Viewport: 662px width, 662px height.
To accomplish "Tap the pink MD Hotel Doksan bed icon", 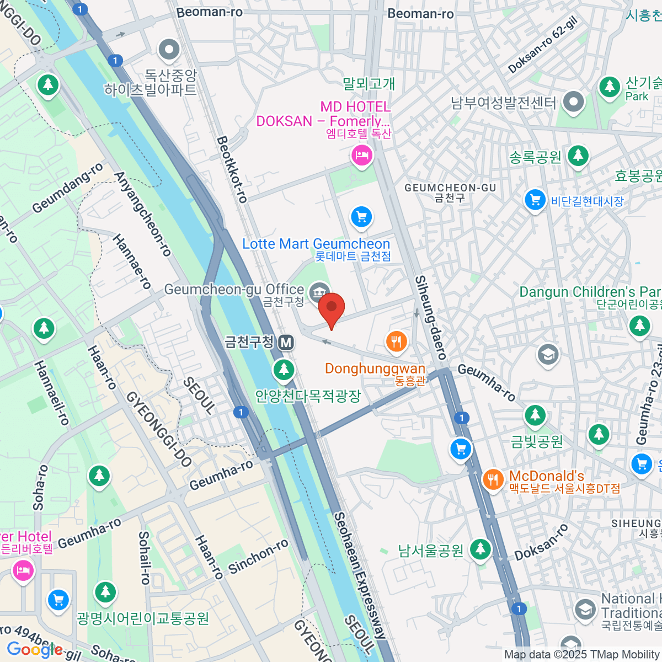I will click(x=362, y=155).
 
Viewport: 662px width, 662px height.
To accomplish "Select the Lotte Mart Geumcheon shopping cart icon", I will click(x=361, y=217).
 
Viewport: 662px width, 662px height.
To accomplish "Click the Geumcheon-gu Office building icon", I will click(x=319, y=291).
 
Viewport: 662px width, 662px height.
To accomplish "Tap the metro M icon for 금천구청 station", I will click(x=286, y=343).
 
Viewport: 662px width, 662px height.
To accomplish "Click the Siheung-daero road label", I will click(x=430, y=317).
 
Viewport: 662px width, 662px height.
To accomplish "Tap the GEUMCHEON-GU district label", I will click(x=450, y=188).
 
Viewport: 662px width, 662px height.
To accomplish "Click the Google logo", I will click(x=34, y=650).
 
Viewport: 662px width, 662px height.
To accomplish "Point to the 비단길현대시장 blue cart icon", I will click(x=535, y=200).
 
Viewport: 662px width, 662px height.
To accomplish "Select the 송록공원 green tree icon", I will click(x=578, y=156).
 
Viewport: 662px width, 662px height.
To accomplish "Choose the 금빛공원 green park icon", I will click(x=535, y=415).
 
